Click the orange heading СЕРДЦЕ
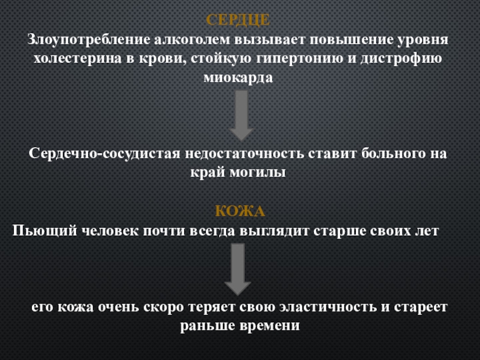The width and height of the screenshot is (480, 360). pyautogui.click(x=238, y=20)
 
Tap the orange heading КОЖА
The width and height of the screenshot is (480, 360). pyautogui.click(x=240, y=212)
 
